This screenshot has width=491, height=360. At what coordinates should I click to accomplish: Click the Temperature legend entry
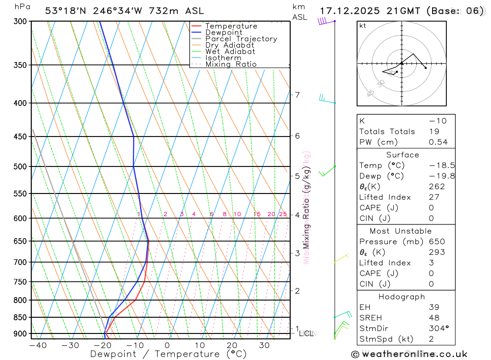[231, 26]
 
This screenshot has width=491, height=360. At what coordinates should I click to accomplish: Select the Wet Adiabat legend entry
[230, 52]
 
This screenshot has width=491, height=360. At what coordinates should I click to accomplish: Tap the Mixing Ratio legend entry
[231, 64]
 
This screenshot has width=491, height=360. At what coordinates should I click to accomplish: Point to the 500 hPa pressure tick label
[20, 166]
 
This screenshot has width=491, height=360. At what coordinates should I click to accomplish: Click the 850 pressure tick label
[20, 318]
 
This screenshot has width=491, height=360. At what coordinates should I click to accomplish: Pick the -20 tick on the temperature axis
[103, 345]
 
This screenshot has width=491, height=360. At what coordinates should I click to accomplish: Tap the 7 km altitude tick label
[297, 95]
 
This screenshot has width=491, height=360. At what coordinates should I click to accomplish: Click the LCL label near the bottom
[306, 334]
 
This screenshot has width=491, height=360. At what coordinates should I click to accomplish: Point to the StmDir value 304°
[436, 329]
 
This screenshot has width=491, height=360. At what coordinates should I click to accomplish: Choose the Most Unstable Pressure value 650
[436, 242]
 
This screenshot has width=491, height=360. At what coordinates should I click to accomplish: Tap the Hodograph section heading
[402, 297]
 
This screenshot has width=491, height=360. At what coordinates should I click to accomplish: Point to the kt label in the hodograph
[363, 26]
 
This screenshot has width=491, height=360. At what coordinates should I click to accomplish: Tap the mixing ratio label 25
[283, 214]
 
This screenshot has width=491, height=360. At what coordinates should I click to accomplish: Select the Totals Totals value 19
[433, 132]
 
